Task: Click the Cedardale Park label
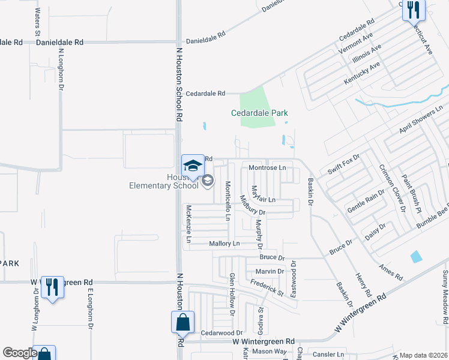(260, 113)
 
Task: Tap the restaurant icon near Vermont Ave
(413, 10)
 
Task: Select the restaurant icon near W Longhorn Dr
(52, 288)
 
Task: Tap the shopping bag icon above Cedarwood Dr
(183, 322)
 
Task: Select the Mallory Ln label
(224, 244)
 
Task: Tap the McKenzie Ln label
(188, 224)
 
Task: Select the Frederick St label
(267, 287)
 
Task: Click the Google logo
(20, 353)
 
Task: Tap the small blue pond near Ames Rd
(416, 256)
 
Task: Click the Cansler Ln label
(332, 355)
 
